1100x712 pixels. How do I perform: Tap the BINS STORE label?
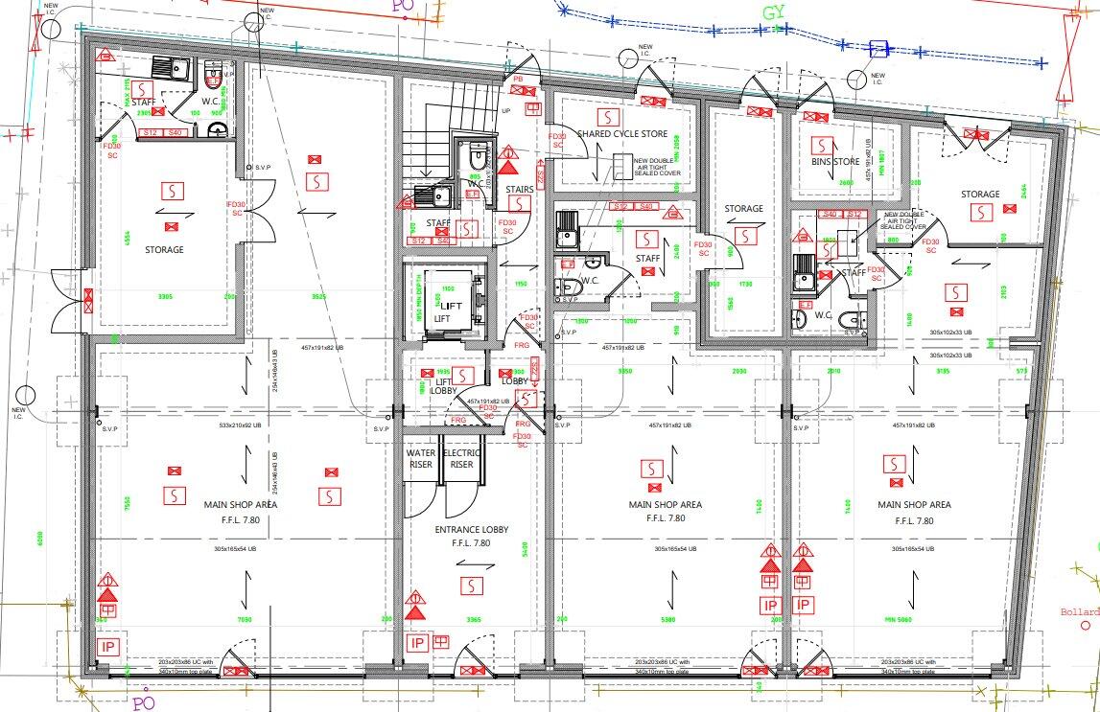point(834,162)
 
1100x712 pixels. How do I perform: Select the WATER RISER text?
point(420,458)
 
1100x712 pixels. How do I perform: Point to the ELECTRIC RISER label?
point(462,458)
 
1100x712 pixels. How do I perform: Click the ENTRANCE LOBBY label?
point(470,530)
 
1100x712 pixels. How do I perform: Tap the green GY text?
point(774,14)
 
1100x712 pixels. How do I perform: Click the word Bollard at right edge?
point(1079,612)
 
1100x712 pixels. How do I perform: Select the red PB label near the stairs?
point(518,79)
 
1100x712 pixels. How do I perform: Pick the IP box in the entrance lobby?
point(416,643)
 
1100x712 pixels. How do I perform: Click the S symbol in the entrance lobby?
point(471,585)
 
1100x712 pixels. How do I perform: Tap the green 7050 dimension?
point(244,620)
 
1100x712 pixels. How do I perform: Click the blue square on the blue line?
point(876,48)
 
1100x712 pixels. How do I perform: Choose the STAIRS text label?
point(519,191)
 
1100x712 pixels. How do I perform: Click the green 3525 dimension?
point(318,297)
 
